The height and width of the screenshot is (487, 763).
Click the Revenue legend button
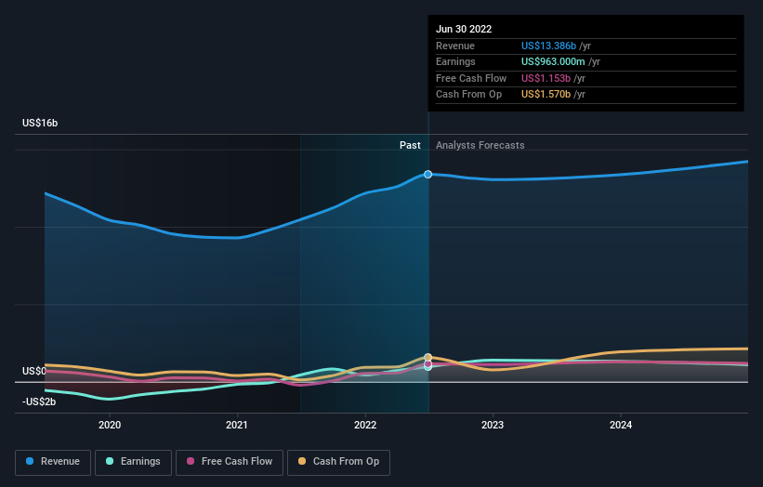coord(54,461)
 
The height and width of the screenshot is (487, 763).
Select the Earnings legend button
coord(134,461)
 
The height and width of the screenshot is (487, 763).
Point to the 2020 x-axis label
coord(110,425)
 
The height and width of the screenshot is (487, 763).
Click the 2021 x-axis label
coord(237,425)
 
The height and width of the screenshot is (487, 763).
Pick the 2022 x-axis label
coord(365,425)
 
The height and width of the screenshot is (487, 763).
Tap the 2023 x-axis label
coord(493,425)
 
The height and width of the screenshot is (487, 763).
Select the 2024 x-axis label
coord(620,425)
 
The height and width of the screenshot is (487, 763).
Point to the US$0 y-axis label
coord(33,371)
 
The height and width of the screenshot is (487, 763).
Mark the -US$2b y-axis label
coord(39,401)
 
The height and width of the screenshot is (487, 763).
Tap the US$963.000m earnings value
coord(555,62)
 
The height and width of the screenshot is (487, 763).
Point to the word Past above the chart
coord(410,146)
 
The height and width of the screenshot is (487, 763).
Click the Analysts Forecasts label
coord(480,146)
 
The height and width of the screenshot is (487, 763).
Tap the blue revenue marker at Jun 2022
coord(428,174)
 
